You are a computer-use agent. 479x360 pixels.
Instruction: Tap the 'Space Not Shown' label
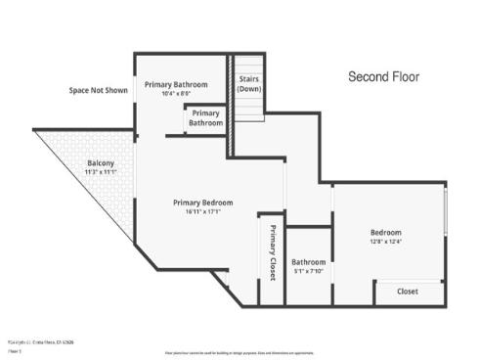click(x=98, y=90)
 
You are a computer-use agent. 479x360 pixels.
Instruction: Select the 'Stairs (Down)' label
click(x=249, y=83)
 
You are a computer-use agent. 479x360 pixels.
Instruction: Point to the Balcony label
click(x=101, y=162)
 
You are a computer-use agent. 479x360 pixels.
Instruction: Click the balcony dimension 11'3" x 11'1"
click(x=101, y=172)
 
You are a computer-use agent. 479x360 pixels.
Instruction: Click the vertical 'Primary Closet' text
click(x=273, y=253)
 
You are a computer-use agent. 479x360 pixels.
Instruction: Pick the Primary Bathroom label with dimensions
click(x=176, y=85)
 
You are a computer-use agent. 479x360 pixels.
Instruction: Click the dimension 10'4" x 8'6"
click(x=176, y=94)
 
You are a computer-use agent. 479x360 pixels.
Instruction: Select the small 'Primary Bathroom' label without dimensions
click(x=205, y=118)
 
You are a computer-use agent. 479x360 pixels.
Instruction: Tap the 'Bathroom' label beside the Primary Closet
click(x=308, y=262)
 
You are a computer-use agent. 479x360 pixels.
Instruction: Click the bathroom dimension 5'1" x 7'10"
click(x=308, y=272)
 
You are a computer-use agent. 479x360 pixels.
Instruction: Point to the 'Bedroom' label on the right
click(x=385, y=232)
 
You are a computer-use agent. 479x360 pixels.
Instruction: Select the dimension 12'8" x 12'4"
click(x=385, y=242)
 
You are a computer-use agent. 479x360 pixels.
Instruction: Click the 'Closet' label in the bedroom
click(x=408, y=292)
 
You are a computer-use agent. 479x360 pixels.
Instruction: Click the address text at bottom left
click(x=41, y=341)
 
